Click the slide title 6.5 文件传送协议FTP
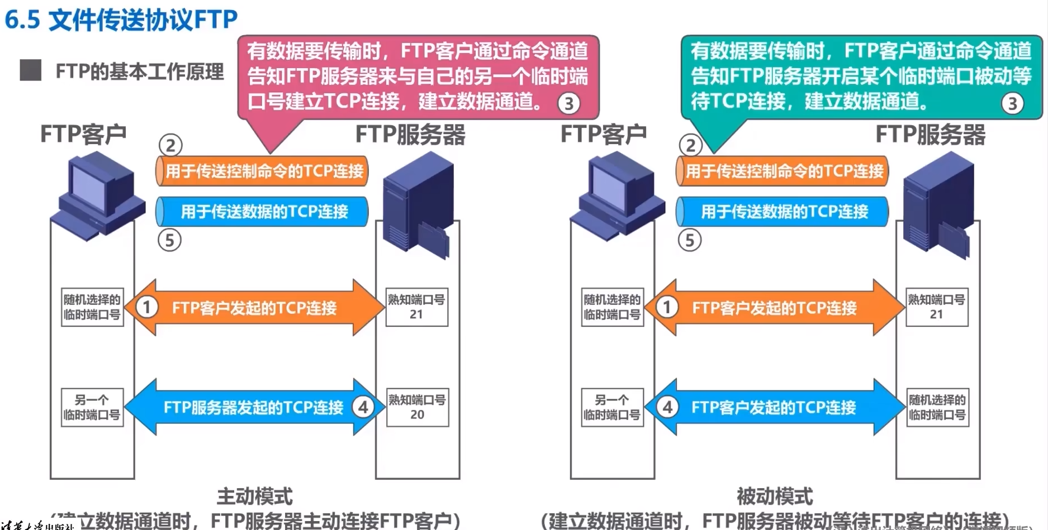pyautogui.click(x=121, y=20)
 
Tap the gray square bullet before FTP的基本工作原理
pyautogui.click(x=30, y=71)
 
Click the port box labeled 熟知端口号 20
pyautogui.click(x=417, y=407)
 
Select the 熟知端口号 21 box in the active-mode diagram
pyautogui.click(x=416, y=307)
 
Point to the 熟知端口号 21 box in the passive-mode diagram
pyautogui.click(x=936, y=307)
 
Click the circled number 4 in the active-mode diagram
pyautogui.click(x=363, y=407)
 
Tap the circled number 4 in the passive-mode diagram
pyautogui.click(x=667, y=407)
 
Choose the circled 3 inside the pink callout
pyautogui.click(x=568, y=103)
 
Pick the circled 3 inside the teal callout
pyautogui.click(x=1012, y=103)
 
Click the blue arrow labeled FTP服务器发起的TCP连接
pyautogui.click(x=253, y=407)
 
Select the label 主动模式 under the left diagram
pyautogui.click(x=254, y=496)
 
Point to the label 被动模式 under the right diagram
pyautogui.click(x=775, y=496)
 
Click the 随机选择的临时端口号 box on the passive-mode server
pyautogui.click(x=937, y=407)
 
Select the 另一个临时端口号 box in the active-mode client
pyautogui.click(x=92, y=407)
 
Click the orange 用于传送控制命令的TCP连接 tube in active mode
pyautogui.click(x=263, y=171)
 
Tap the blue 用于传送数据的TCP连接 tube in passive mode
pyautogui.click(x=783, y=212)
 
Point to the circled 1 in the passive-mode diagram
pyautogui.click(x=666, y=307)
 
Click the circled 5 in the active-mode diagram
pyautogui.click(x=169, y=241)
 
